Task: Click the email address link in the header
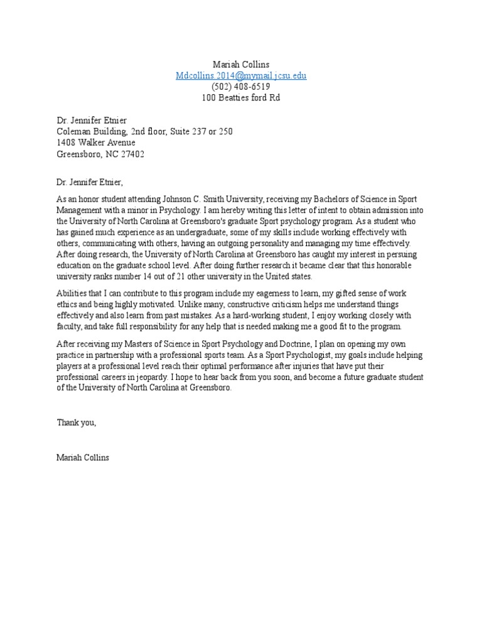tap(241, 75)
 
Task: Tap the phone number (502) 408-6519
tap(241, 87)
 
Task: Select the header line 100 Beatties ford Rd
tap(241, 98)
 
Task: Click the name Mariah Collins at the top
tap(241, 64)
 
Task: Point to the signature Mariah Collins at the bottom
tap(83, 458)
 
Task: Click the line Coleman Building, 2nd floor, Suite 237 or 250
tap(144, 131)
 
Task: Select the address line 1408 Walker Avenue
tap(95, 143)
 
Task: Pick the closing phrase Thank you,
tap(77, 423)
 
